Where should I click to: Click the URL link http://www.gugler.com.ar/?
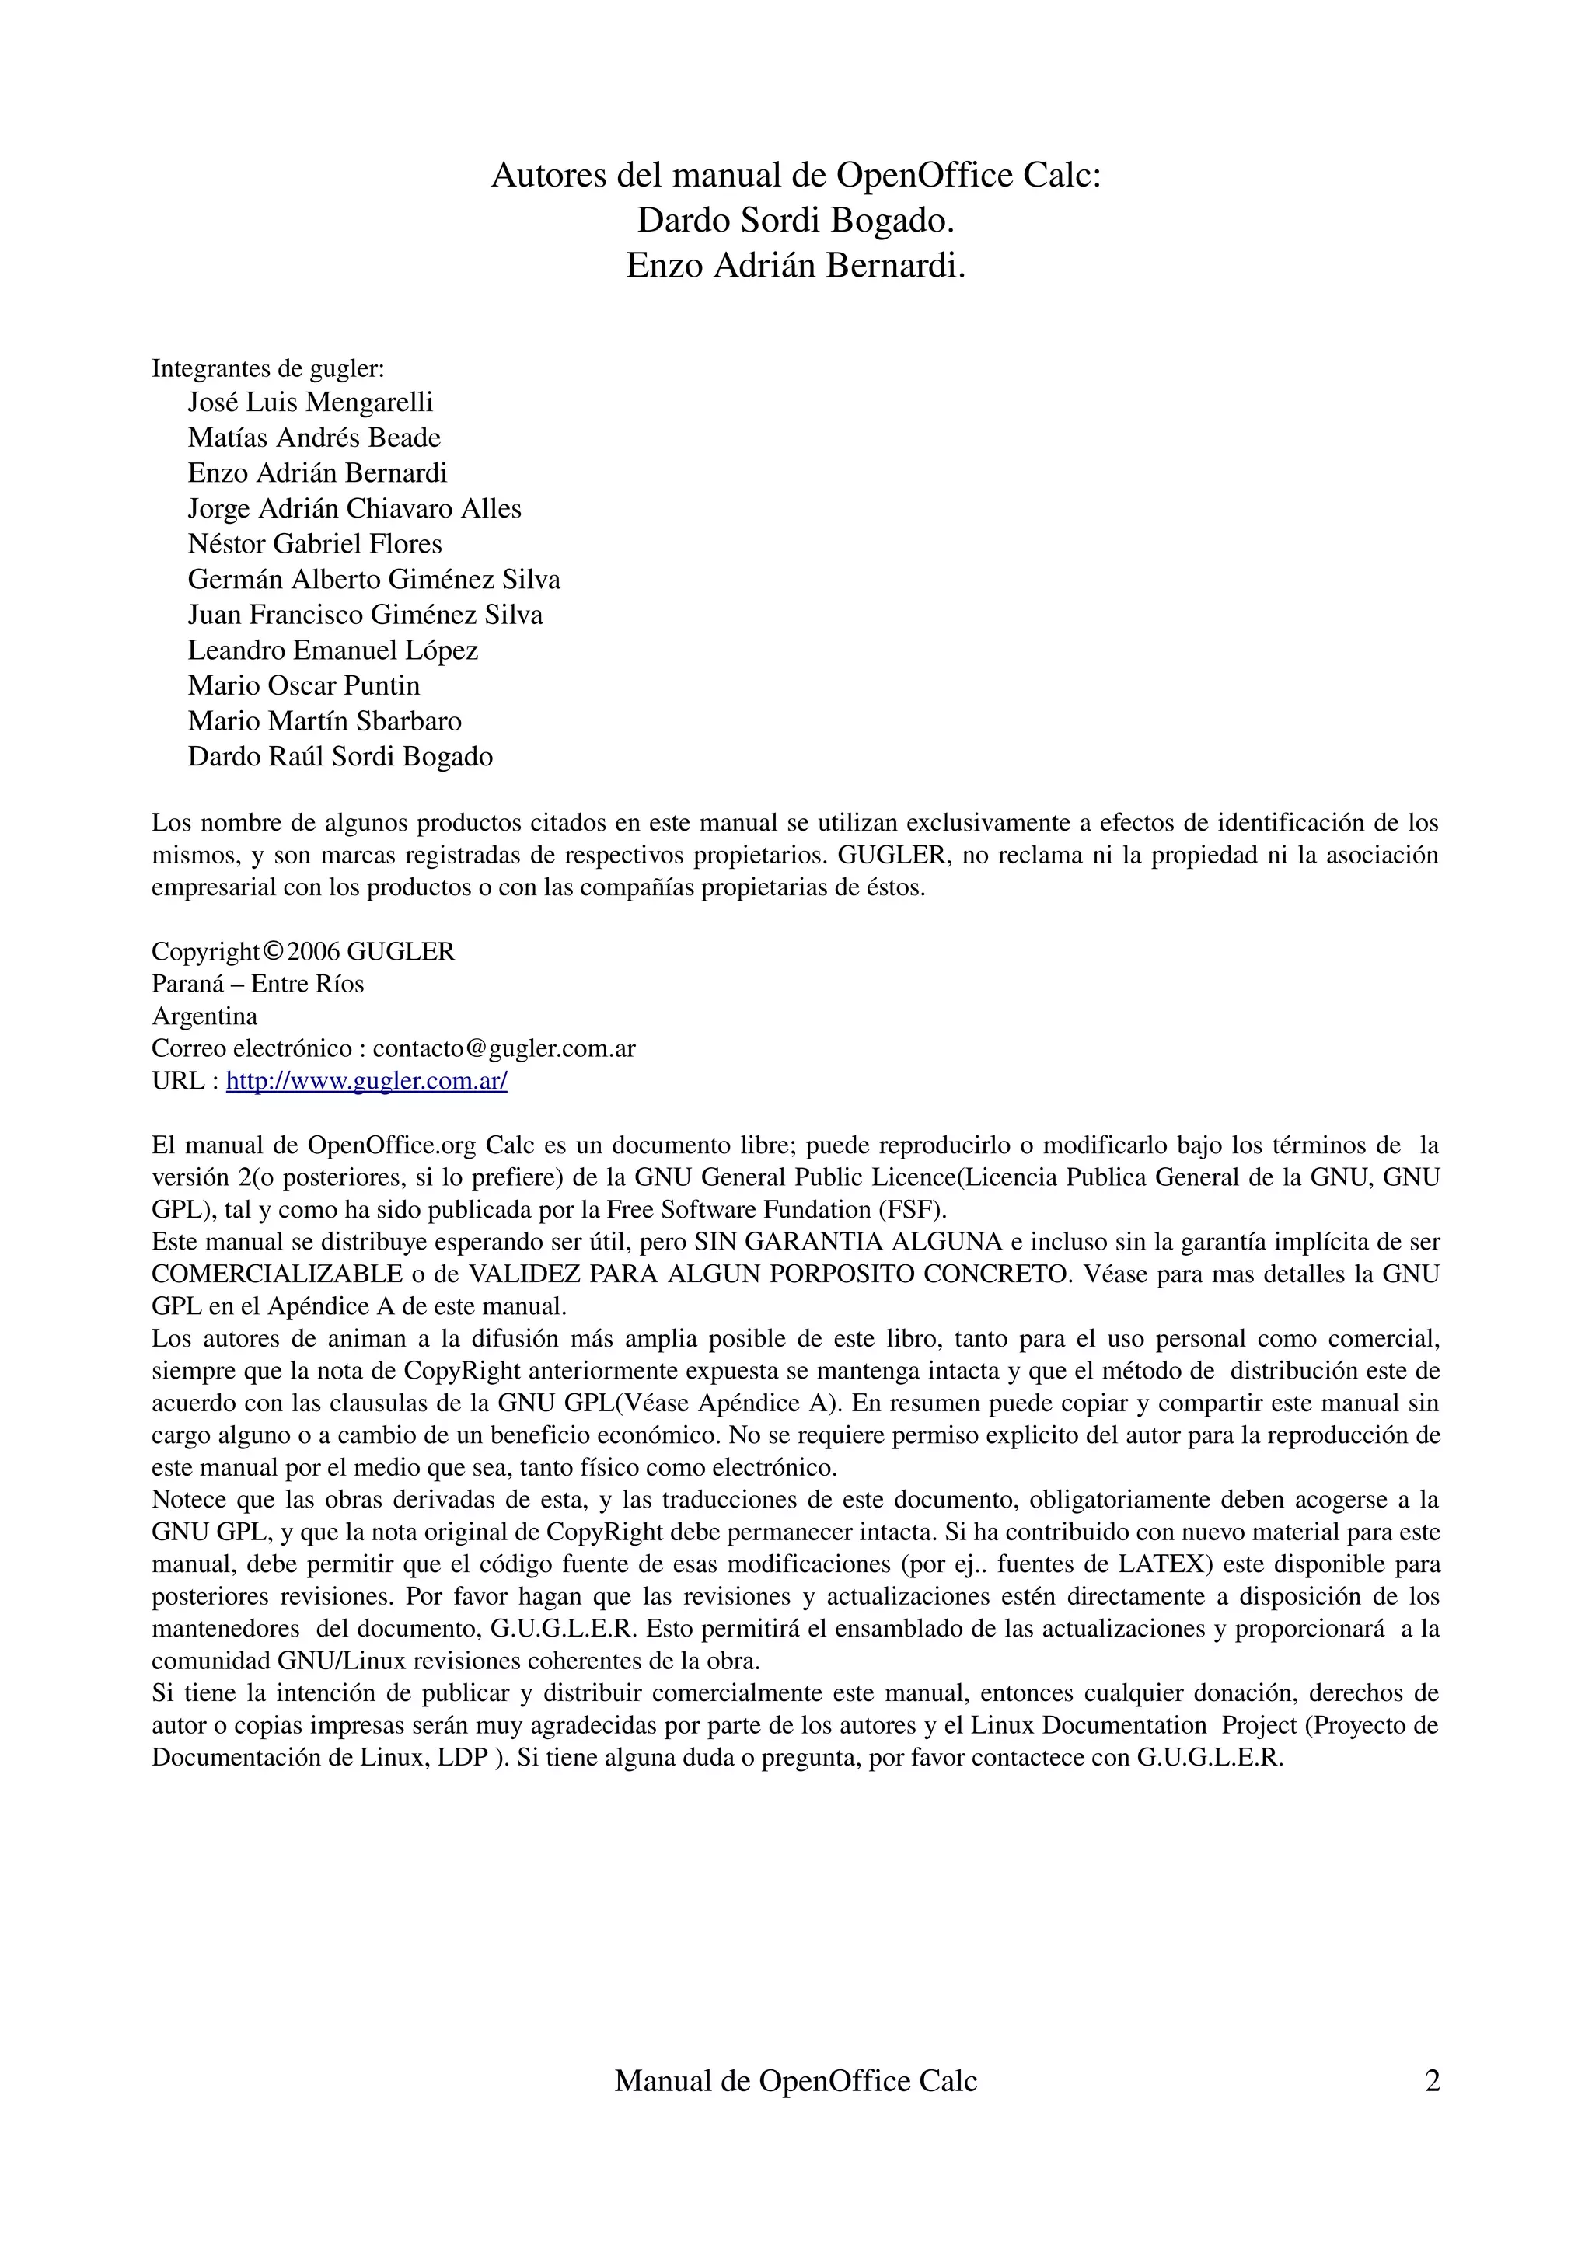click(x=366, y=1081)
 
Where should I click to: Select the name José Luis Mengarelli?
click(x=310, y=403)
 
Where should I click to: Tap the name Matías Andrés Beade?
click(x=314, y=438)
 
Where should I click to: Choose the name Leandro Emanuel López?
click(x=333, y=650)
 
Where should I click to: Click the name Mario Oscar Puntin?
click(x=304, y=685)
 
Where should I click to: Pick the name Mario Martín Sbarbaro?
click(x=325, y=721)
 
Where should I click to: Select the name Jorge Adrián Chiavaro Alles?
click(x=354, y=508)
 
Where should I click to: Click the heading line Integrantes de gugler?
click(x=267, y=369)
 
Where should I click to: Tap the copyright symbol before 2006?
click(x=274, y=951)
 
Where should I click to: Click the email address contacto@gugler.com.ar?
click(x=504, y=1048)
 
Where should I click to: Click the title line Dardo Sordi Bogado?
click(x=795, y=221)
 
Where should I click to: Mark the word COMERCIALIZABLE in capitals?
click(x=278, y=1274)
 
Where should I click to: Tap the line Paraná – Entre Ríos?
click(x=258, y=984)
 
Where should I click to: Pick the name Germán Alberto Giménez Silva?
click(x=374, y=580)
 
